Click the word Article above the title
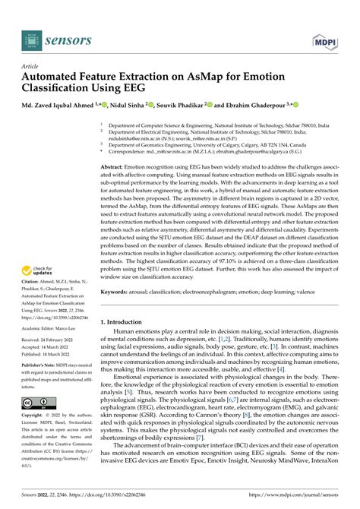pos(30,67)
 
